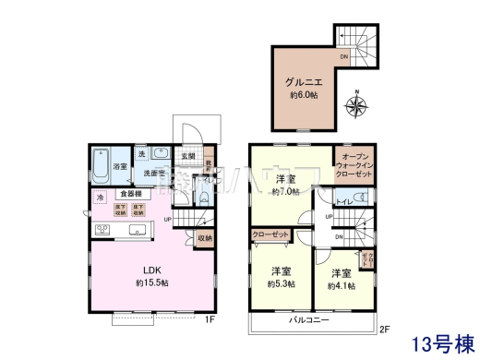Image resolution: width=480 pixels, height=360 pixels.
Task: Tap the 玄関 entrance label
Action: [x=187, y=155]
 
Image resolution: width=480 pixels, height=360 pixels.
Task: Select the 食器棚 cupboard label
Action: [x=130, y=194]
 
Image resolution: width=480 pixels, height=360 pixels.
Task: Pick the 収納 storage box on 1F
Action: [x=205, y=238]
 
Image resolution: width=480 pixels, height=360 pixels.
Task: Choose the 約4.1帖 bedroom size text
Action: [x=341, y=285]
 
